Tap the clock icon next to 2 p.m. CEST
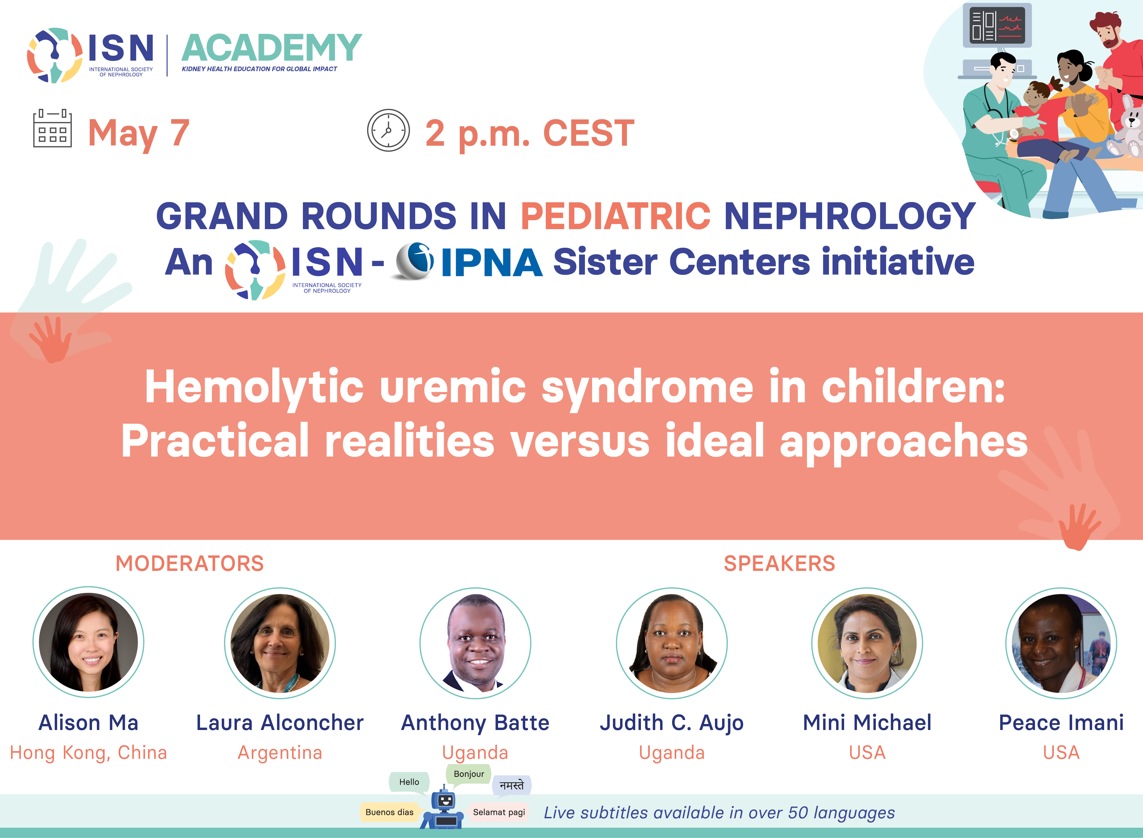click(x=388, y=130)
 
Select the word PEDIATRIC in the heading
click(x=616, y=216)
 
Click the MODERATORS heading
click(x=190, y=563)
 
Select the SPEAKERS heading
click(x=779, y=563)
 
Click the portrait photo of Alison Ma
click(x=88, y=643)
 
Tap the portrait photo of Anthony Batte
click(x=475, y=643)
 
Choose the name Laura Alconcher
click(x=280, y=722)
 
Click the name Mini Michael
click(x=867, y=722)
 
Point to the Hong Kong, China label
click(x=88, y=753)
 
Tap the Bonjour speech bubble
click(x=469, y=774)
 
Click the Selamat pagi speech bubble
click(x=499, y=812)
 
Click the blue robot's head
click(x=445, y=800)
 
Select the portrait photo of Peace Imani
click(x=1061, y=643)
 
